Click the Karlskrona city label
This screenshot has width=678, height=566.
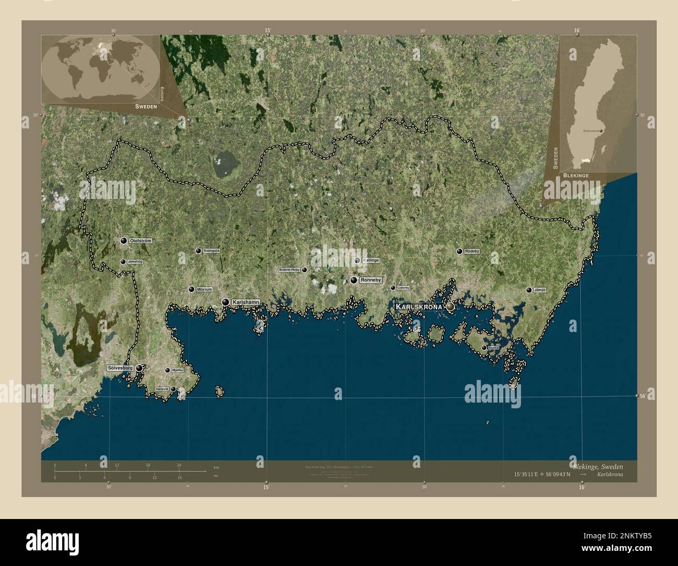point(418,306)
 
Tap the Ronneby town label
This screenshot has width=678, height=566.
point(371,280)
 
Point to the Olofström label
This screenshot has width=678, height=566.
point(140,241)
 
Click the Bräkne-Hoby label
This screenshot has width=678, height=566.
point(289,270)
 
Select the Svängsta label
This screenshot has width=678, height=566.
point(211,251)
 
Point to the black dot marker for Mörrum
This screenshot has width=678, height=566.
point(191,289)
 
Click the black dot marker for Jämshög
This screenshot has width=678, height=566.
point(123,262)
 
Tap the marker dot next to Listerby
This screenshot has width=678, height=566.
point(393,288)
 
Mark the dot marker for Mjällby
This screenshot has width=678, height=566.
point(167,370)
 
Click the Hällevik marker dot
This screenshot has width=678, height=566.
point(173,389)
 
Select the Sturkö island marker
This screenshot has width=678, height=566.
point(484,347)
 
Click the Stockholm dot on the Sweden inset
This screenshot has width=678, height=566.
point(601,130)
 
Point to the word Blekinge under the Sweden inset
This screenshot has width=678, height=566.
point(576,176)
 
